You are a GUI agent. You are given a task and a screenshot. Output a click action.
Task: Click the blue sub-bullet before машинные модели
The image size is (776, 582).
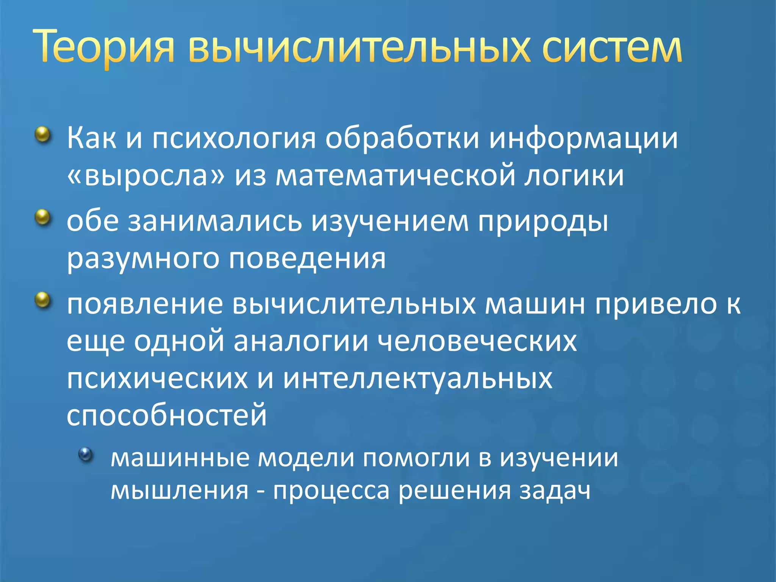click(x=86, y=454)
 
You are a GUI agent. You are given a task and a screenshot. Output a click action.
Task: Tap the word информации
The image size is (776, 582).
click(x=583, y=139)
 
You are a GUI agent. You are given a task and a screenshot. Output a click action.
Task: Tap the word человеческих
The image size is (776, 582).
click(x=477, y=341)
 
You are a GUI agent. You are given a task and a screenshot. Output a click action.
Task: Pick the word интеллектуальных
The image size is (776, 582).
click(x=418, y=379)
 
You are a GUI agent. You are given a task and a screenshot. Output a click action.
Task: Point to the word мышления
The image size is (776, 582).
click(x=179, y=491)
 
